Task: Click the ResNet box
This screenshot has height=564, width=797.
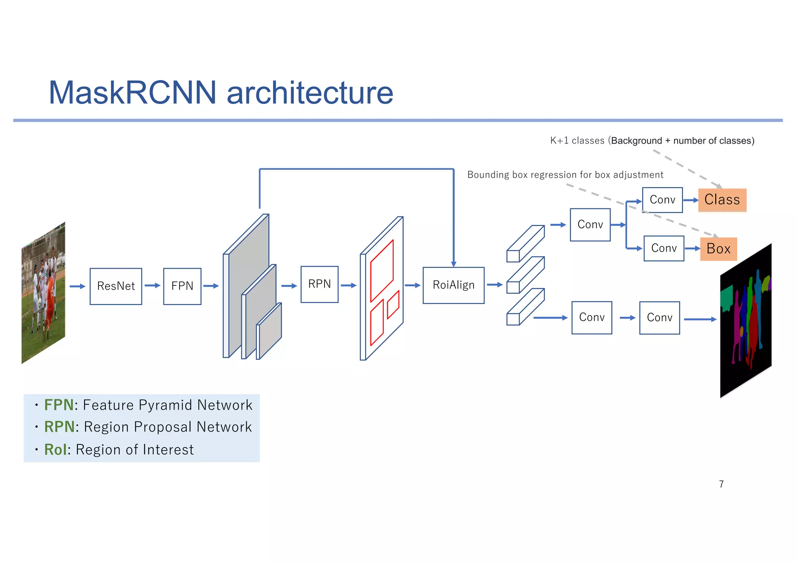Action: pyautogui.click(x=116, y=286)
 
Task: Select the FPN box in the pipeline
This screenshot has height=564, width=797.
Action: pyautogui.click(x=182, y=286)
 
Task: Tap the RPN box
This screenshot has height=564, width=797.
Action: pyautogui.click(x=319, y=284)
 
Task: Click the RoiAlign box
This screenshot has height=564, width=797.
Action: pyautogui.click(x=453, y=285)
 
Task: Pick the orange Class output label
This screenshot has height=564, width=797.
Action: pyautogui.click(x=722, y=200)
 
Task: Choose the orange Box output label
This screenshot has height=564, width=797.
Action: pyautogui.click(x=718, y=249)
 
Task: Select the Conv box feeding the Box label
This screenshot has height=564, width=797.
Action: pyautogui.click(x=664, y=249)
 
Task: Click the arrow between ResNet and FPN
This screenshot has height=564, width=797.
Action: pyautogui.click(x=153, y=286)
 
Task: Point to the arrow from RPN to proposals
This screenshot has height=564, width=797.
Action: pyautogui.click(x=349, y=286)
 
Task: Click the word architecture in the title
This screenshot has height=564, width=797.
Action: pyautogui.click(x=310, y=93)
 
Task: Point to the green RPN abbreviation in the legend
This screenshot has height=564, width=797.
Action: pyautogui.click(x=59, y=427)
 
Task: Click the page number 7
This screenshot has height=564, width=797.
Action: pyautogui.click(x=721, y=484)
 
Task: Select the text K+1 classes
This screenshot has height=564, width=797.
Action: pyautogui.click(x=577, y=141)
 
